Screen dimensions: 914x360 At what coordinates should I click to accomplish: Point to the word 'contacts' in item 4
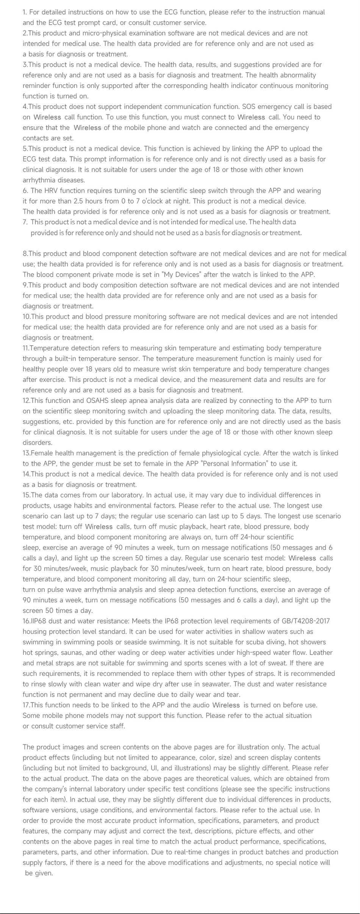coord(35,138)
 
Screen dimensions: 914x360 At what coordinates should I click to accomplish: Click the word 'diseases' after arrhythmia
coord(72,180)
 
